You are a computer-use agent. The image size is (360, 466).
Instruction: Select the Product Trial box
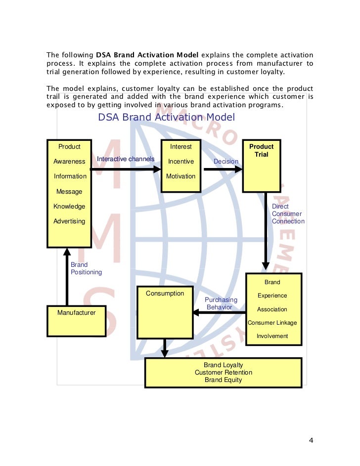click(261, 165)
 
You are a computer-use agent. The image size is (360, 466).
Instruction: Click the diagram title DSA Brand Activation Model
click(166, 117)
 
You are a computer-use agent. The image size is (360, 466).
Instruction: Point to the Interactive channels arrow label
click(126, 159)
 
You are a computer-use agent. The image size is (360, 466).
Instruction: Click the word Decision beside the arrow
click(225, 162)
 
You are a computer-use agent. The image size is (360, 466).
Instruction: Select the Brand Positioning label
click(86, 268)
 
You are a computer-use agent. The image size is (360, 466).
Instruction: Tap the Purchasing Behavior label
click(221, 303)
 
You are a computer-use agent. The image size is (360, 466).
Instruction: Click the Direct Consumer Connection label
click(288, 213)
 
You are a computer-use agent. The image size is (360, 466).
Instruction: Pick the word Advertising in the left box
click(69, 221)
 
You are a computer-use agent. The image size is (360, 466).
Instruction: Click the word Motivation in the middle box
click(180, 176)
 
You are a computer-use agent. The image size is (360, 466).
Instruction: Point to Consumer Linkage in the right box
click(272, 323)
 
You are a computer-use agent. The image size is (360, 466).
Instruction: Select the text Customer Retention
click(223, 373)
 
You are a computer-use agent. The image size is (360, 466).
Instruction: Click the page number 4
click(311, 441)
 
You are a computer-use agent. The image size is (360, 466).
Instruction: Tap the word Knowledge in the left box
click(69, 207)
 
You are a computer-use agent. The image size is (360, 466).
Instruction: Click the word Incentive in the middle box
click(180, 162)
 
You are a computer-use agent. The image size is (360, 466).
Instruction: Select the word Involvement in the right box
click(272, 336)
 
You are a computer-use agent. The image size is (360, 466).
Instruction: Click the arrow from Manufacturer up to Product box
click(67, 277)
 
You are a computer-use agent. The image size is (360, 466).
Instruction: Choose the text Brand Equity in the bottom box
click(223, 380)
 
